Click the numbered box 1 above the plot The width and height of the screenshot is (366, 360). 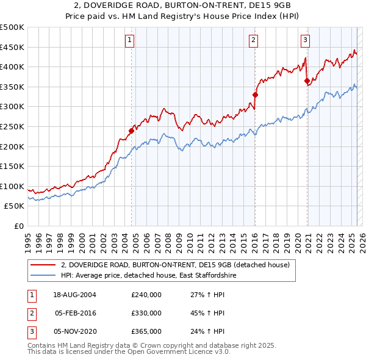[x=131, y=41]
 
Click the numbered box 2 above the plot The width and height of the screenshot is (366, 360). [x=253, y=41]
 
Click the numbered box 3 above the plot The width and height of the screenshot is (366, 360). [x=305, y=41]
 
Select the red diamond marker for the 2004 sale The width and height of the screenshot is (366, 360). [x=131, y=131]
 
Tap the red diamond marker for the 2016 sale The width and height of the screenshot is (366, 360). [x=256, y=95]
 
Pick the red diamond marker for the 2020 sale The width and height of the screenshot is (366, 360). [x=307, y=81]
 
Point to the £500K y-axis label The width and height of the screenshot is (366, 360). [x=12, y=27]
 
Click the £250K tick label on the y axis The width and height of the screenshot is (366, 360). [x=12, y=126]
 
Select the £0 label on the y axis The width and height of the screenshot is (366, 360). [x=18, y=226]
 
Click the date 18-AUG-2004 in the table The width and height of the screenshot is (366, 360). [x=74, y=295]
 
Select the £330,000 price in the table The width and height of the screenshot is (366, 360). [x=146, y=313]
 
